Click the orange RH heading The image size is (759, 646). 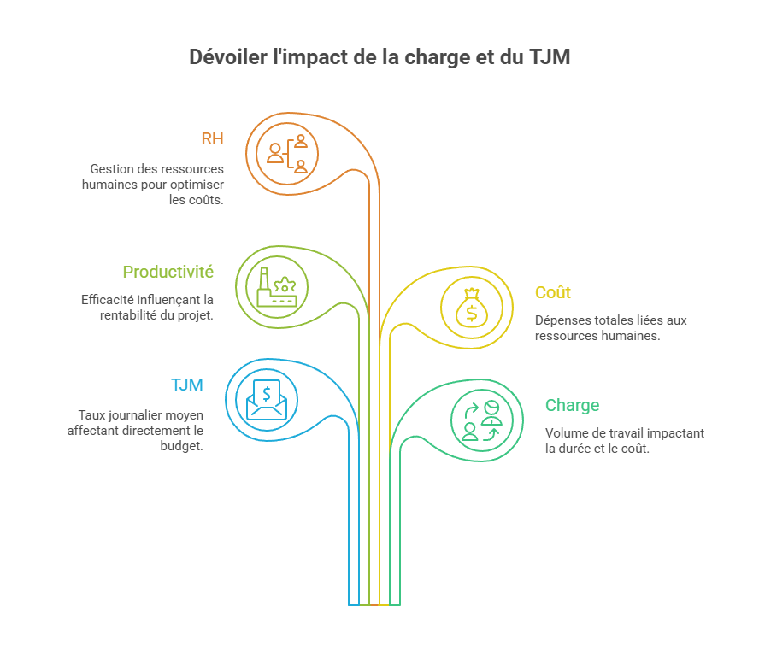212,138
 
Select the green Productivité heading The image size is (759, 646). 168,272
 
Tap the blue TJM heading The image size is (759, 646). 187,385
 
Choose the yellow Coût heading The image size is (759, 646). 552,292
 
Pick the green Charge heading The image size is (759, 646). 572,405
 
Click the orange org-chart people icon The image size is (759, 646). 288,154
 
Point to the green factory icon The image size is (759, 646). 277,286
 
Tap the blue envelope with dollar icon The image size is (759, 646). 268,399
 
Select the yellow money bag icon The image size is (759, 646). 472,307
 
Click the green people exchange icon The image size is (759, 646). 481,420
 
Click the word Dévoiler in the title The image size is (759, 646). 223,58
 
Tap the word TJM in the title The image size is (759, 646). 548,58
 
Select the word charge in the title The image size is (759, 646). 437,58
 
